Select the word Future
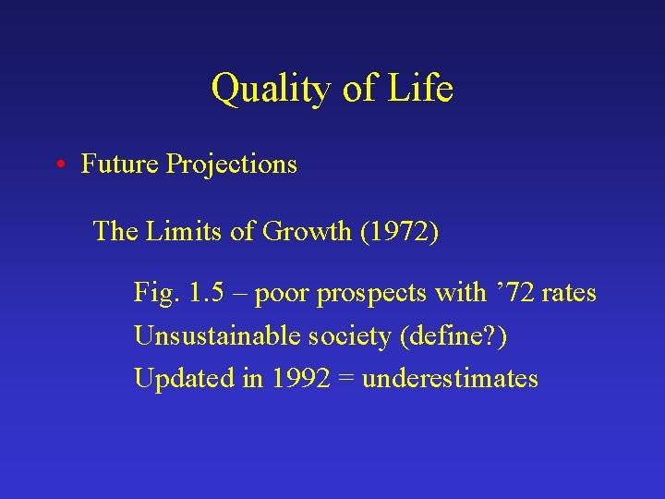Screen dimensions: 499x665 point(120,164)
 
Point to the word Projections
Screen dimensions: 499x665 point(232,164)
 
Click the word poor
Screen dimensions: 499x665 point(283,294)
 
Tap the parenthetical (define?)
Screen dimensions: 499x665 point(453,336)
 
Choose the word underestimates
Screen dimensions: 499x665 point(450,379)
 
